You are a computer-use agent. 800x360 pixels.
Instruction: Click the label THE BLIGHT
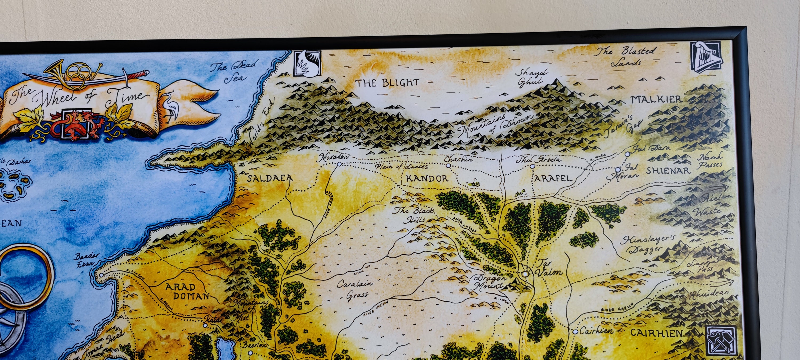pos(387,83)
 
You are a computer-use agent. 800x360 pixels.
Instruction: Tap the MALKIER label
pos(656,99)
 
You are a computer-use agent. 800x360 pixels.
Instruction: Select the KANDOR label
pos(427,178)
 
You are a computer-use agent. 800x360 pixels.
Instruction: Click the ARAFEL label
pos(553,178)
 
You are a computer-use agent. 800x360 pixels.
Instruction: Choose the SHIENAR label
pos(668,170)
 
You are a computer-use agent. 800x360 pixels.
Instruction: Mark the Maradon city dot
pos(339,164)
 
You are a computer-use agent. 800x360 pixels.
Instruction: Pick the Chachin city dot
pos(448,166)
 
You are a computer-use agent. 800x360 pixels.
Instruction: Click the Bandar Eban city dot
pos(101,275)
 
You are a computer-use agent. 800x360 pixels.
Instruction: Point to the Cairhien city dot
pos(575,332)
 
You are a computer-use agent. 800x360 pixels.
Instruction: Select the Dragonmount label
pos(488,281)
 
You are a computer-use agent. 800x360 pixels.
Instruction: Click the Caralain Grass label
pos(355,289)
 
